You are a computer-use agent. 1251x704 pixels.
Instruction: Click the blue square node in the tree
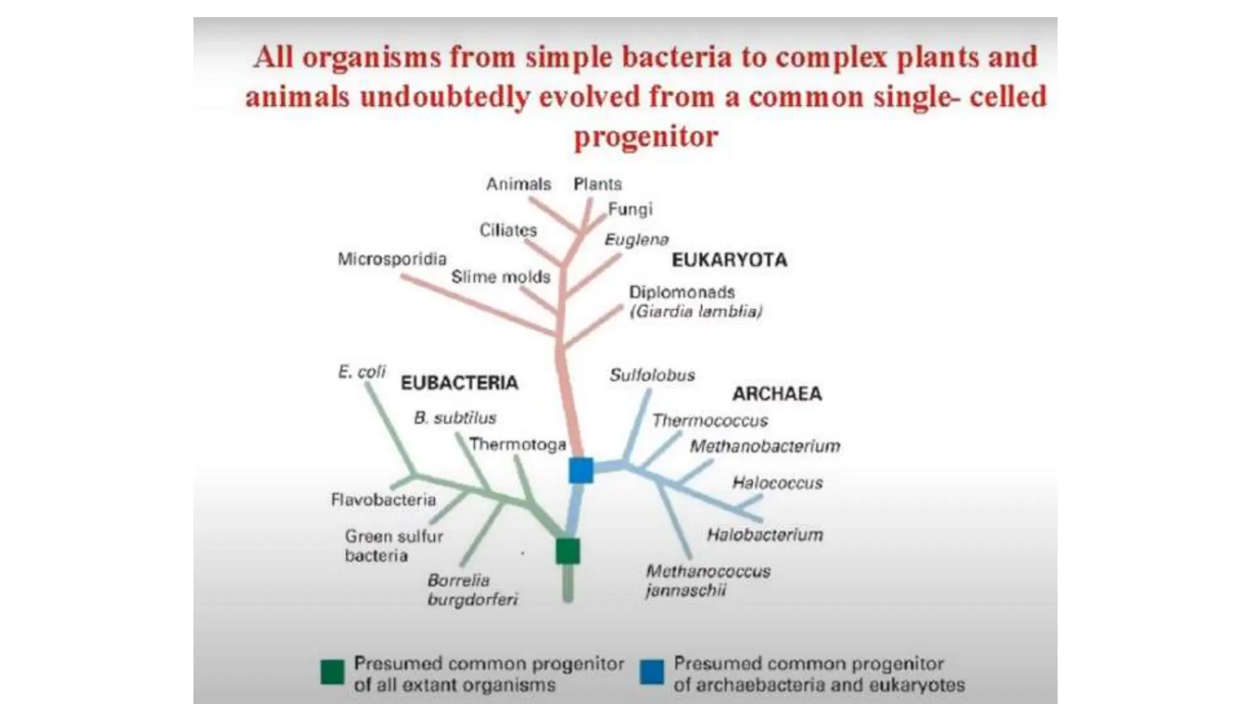pyautogui.click(x=581, y=471)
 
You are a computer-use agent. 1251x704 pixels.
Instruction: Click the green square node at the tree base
pyautogui.click(x=567, y=551)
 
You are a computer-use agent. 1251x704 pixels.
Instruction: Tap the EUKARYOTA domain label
pyautogui.click(x=729, y=260)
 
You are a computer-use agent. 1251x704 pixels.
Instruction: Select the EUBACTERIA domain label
pyautogui.click(x=459, y=383)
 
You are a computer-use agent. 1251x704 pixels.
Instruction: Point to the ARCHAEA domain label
pyautogui.click(x=777, y=394)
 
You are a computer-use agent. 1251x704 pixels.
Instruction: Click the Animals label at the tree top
pyautogui.click(x=519, y=184)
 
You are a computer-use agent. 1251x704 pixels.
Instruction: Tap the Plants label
pyautogui.click(x=597, y=184)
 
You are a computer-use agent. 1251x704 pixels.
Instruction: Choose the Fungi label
pyautogui.click(x=630, y=210)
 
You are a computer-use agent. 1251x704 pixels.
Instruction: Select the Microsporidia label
pyautogui.click(x=392, y=259)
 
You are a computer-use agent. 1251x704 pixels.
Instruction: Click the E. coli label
pyautogui.click(x=362, y=372)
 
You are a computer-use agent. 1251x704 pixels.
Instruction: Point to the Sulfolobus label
pyautogui.click(x=652, y=375)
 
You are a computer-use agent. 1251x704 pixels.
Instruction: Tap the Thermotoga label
pyautogui.click(x=517, y=444)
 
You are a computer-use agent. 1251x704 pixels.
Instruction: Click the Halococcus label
pyautogui.click(x=778, y=483)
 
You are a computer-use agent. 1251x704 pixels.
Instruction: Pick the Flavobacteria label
pyautogui.click(x=384, y=500)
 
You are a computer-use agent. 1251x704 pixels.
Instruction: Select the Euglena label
pyautogui.click(x=636, y=240)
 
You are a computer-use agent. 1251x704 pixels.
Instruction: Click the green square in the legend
pyautogui.click(x=332, y=672)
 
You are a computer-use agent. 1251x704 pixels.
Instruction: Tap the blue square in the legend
pyautogui.click(x=652, y=672)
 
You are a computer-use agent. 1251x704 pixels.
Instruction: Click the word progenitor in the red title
pyautogui.click(x=646, y=136)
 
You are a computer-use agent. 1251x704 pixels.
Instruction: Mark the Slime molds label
pyautogui.click(x=501, y=277)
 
